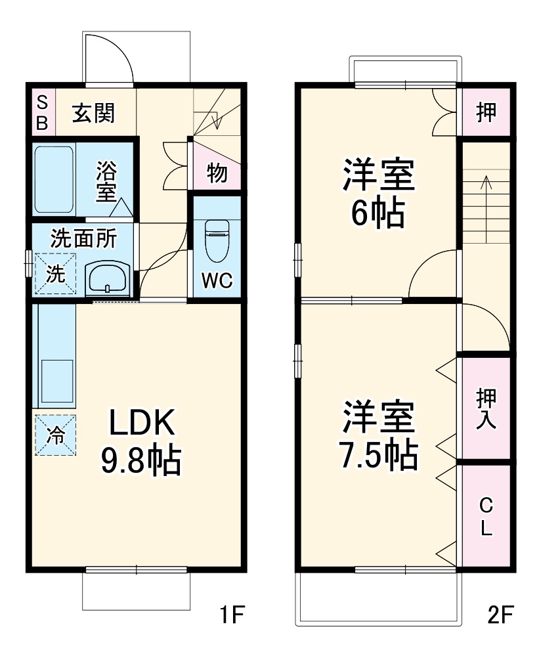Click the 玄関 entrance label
click(93, 113)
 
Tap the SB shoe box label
click(41, 113)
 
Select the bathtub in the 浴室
click(54, 179)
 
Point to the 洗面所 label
click(83, 238)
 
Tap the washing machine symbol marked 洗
click(55, 274)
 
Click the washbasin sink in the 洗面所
click(108, 278)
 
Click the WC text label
click(217, 281)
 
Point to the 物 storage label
click(217, 173)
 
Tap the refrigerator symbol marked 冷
click(56, 434)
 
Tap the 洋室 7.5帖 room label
click(377, 436)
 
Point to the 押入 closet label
click(486, 409)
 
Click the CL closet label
click(486, 516)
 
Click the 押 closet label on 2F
click(486, 113)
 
